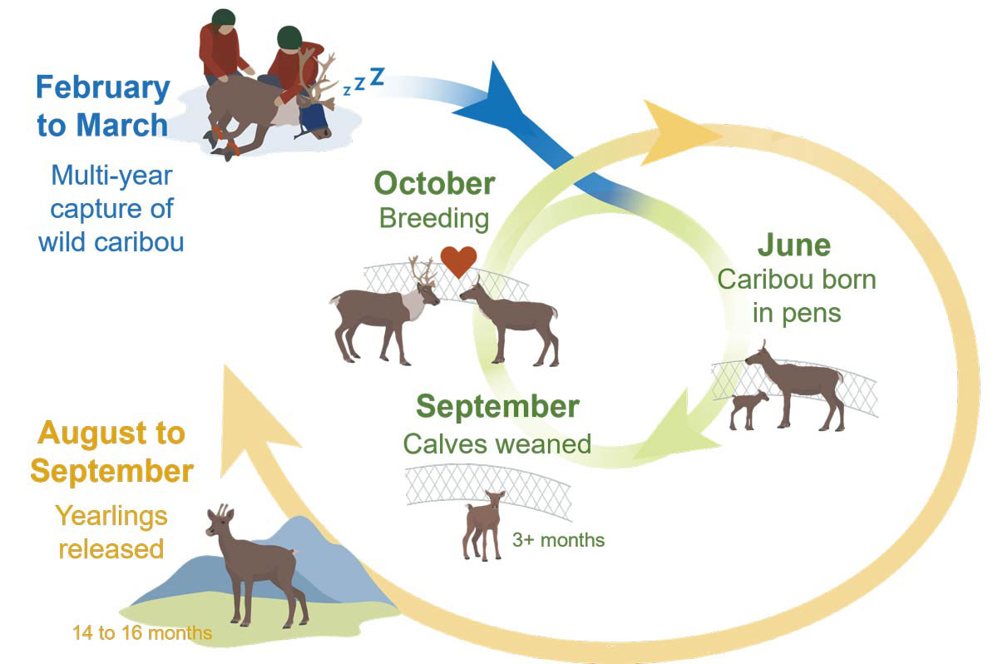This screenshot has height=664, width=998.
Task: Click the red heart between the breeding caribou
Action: pos(458,261)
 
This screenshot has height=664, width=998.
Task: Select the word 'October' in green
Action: pos(434,183)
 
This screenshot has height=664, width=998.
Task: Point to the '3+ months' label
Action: pos(559,540)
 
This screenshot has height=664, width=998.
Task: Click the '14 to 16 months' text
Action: pos(141,633)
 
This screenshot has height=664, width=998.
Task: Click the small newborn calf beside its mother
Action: pos(748,408)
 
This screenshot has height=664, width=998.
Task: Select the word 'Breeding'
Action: pos(433,218)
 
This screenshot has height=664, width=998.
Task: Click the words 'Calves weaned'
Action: pos(497,443)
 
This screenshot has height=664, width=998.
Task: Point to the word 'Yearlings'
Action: pos(111,516)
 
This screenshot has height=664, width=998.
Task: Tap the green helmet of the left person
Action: pos(222,17)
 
